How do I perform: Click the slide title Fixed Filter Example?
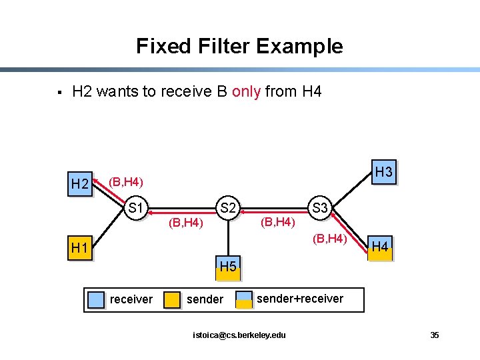(239, 46)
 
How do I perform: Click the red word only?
(246, 91)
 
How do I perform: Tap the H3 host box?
(383, 172)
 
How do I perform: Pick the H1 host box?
(79, 249)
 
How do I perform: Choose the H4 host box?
(380, 247)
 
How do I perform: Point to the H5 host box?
(228, 267)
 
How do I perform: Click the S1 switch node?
(137, 208)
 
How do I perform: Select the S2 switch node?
(228, 208)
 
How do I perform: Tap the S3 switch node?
(320, 208)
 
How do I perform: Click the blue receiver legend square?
(97, 300)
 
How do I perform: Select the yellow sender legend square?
(173, 300)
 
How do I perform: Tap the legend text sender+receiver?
(300, 299)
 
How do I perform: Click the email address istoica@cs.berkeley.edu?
(239, 335)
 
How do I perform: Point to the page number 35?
(435, 335)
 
